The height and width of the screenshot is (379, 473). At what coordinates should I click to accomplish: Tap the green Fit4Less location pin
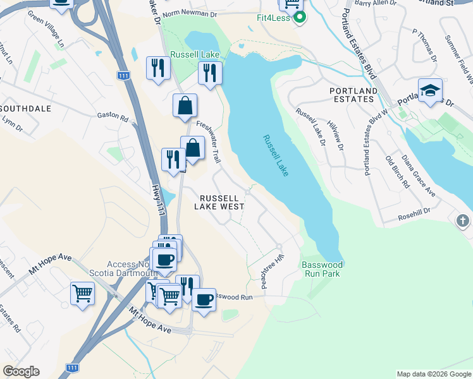tap(300, 17)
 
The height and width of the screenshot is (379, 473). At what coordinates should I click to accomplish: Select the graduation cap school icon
tap(430, 90)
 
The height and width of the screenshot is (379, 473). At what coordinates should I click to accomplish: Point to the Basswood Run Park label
tap(322, 269)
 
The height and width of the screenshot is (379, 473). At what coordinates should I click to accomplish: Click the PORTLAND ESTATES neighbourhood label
tap(353, 95)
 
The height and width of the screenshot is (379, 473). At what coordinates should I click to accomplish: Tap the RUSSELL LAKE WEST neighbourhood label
tap(219, 202)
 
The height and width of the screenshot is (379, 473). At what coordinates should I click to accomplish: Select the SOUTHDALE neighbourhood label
tap(25, 109)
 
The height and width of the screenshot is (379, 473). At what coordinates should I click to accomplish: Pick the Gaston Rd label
tap(113, 117)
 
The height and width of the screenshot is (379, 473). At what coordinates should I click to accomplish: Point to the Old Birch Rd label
tap(396, 172)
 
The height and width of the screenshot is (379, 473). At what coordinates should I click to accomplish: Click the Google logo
tap(21, 371)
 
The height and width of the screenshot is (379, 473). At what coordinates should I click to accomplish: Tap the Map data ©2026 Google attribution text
tap(433, 374)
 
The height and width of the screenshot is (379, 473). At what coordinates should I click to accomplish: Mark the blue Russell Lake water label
tap(276, 155)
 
